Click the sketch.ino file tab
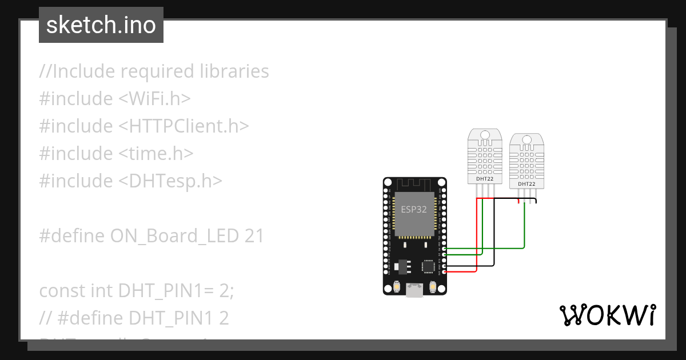[x=101, y=25]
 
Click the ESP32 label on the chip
[x=413, y=209]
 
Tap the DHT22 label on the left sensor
[x=485, y=179]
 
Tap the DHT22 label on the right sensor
[x=527, y=184]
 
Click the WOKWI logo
[x=607, y=315]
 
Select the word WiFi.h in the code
[x=154, y=99]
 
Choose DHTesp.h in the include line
[x=170, y=181]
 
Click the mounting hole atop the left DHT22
[x=485, y=136]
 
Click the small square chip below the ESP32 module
[x=428, y=266]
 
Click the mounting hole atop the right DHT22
[x=527, y=141]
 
